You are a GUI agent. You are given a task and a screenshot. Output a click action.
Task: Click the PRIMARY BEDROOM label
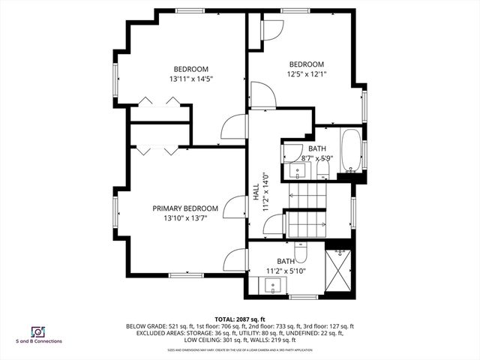click(185, 208)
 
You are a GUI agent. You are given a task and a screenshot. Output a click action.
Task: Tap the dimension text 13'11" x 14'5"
click(191, 78)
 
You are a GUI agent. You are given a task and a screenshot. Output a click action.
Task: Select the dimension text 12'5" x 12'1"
click(306, 73)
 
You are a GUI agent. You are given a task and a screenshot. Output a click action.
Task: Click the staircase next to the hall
click(307, 211)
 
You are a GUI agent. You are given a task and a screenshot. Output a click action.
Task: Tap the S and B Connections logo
click(37, 333)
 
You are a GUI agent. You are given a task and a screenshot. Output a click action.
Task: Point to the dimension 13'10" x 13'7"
click(185, 218)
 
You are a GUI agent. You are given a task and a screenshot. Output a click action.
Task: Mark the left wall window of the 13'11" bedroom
click(115, 79)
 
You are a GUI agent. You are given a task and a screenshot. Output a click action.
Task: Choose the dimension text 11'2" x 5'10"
click(286, 271)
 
